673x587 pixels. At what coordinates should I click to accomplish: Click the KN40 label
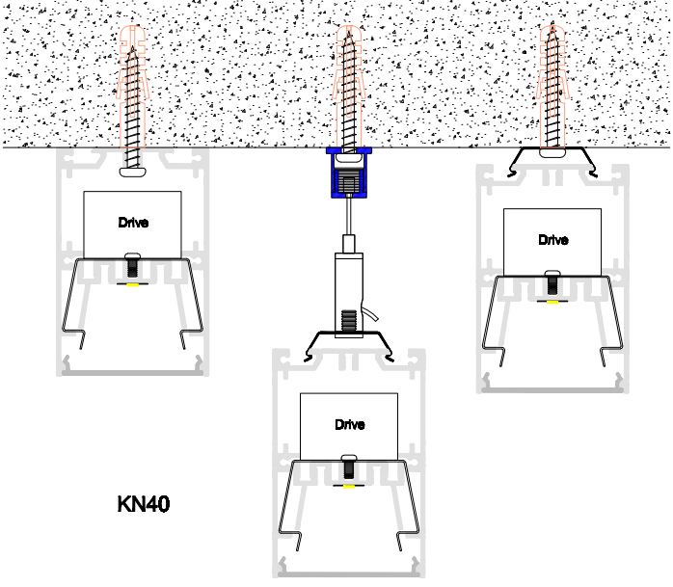(x=144, y=504)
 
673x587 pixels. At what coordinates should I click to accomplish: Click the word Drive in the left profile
(x=133, y=223)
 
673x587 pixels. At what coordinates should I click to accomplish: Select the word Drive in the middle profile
(x=350, y=424)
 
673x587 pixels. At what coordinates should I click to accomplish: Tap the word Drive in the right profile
(x=553, y=239)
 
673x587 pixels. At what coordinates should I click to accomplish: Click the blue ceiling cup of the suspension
(x=349, y=173)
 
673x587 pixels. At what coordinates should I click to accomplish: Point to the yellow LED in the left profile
(x=133, y=284)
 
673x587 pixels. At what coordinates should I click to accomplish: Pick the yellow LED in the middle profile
(x=349, y=487)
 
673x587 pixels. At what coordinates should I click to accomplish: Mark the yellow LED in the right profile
(x=552, y=302)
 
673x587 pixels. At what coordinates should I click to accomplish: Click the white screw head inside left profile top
(x=133, y=173)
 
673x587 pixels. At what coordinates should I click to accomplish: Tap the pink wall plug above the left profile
(x=133, y=87)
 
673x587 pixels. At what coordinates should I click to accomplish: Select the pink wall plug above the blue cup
(x=349, y=87)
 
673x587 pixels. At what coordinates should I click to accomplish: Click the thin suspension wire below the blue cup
(x=349, y=216)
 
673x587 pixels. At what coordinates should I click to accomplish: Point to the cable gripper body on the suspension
(x=349, y=294)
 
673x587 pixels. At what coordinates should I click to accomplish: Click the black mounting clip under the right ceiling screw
(x=552, y=161)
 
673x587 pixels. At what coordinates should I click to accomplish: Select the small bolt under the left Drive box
(x=133, y=265)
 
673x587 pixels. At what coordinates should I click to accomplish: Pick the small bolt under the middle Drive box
(x=349, y=467)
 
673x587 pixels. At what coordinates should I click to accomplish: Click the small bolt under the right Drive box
(x=552, y=282)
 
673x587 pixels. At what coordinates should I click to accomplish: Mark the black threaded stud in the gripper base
(x=349, y=321)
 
